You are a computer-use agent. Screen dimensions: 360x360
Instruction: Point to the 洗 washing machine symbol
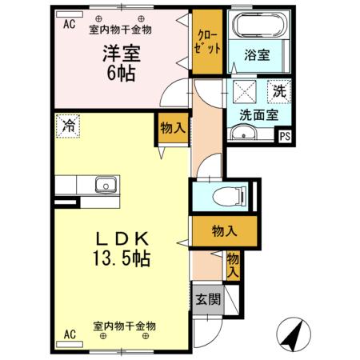click(x=280, y=90)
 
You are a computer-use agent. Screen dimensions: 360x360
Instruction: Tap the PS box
click(x=285, y=137)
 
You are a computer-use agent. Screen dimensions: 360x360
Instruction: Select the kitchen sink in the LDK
click(x=106, y=186)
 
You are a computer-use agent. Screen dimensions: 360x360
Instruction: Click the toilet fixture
click(x=226, y=195)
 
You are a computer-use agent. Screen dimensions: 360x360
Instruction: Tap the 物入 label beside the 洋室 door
click(x=172, y=128)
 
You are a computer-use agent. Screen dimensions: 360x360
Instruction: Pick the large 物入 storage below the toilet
click(x=224, y=231)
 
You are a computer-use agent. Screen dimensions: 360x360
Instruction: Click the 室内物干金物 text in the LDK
click(x=124, y=326)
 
